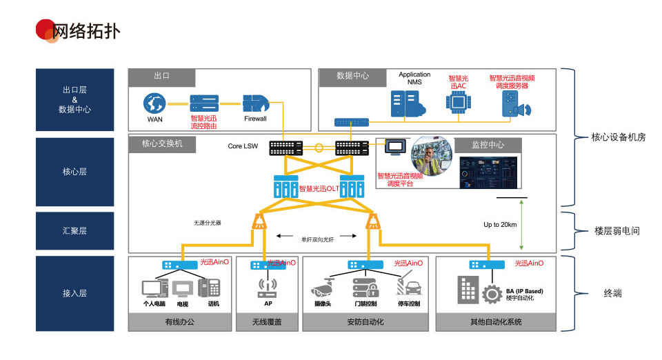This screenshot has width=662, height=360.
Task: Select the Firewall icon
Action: (x=255, y=103)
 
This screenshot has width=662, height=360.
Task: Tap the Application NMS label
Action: (x=414, y=78)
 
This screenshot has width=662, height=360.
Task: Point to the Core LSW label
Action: (x=243, y=146)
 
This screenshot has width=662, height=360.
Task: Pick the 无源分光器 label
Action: (x=207, y=223)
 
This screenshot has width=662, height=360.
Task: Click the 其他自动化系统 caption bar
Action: (x=495, y=321)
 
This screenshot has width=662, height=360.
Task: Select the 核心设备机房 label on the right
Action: (x=618, y=137)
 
